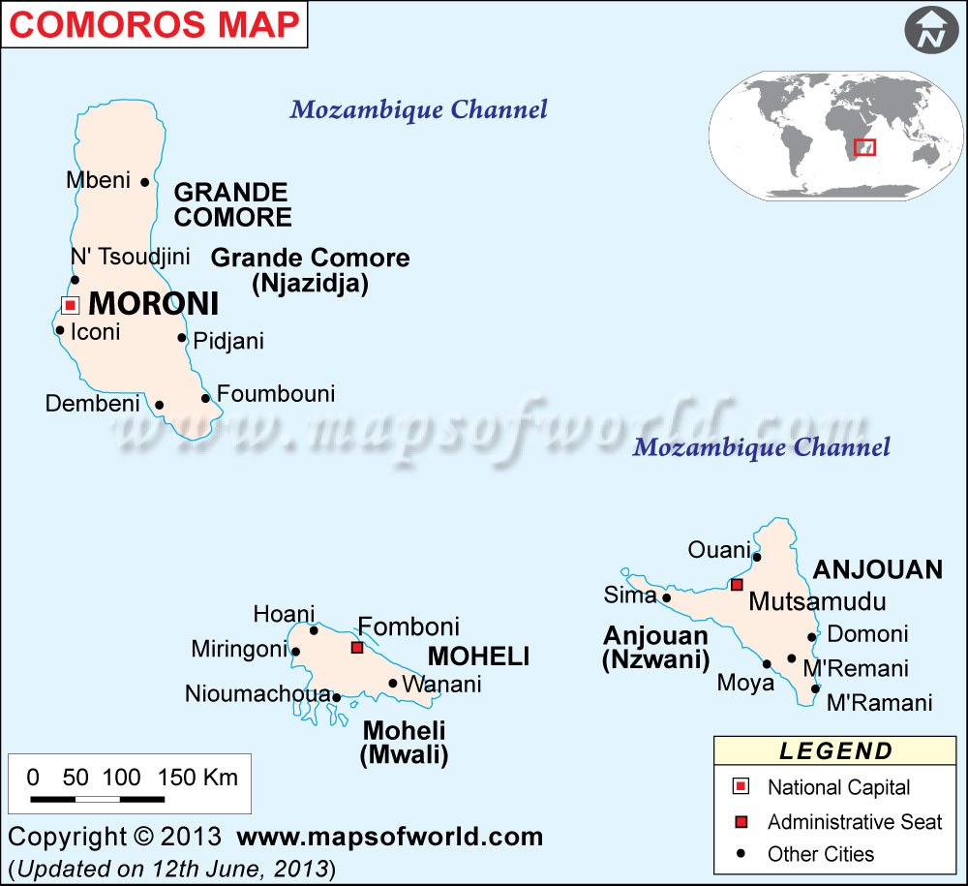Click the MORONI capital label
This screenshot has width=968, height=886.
pos(153,304)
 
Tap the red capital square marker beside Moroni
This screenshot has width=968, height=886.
pos(70,305)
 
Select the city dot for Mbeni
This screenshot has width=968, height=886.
pos(144,181)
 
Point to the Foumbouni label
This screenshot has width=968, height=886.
pos(275,394)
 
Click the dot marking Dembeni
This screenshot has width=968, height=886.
pos(159,405)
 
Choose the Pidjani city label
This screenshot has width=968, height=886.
pos(228,341)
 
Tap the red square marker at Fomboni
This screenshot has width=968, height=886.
pos(357,647)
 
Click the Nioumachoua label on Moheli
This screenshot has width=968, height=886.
pos(257,694)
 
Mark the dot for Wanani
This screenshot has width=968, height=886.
pos(393,683)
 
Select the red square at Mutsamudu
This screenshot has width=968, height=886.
pos(737,584)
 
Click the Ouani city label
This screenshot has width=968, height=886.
pos(719,550)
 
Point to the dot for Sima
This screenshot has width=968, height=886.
pos(666,597)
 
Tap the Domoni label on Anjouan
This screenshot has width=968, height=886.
pos(867,634)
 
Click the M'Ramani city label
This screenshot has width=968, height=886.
pos(879,703)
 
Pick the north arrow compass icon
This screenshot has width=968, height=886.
pos(930,32)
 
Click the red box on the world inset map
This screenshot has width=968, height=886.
pos(864,147)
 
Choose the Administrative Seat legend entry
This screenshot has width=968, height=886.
pos(854,822)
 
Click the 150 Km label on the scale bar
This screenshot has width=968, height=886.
pos(197,777)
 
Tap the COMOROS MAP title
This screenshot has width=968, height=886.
pos(154,24)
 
